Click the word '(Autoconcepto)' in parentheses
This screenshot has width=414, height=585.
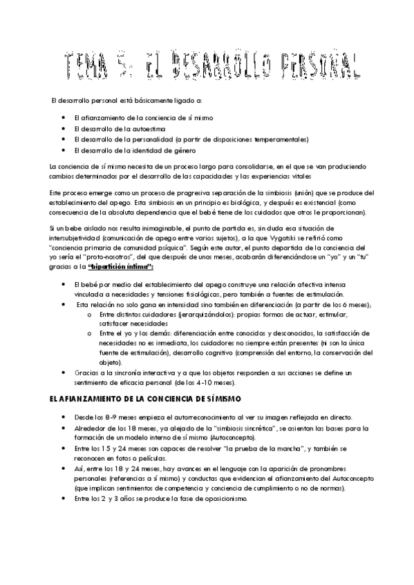pos(214,437)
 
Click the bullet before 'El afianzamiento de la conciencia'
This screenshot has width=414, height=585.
pos(64,118)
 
